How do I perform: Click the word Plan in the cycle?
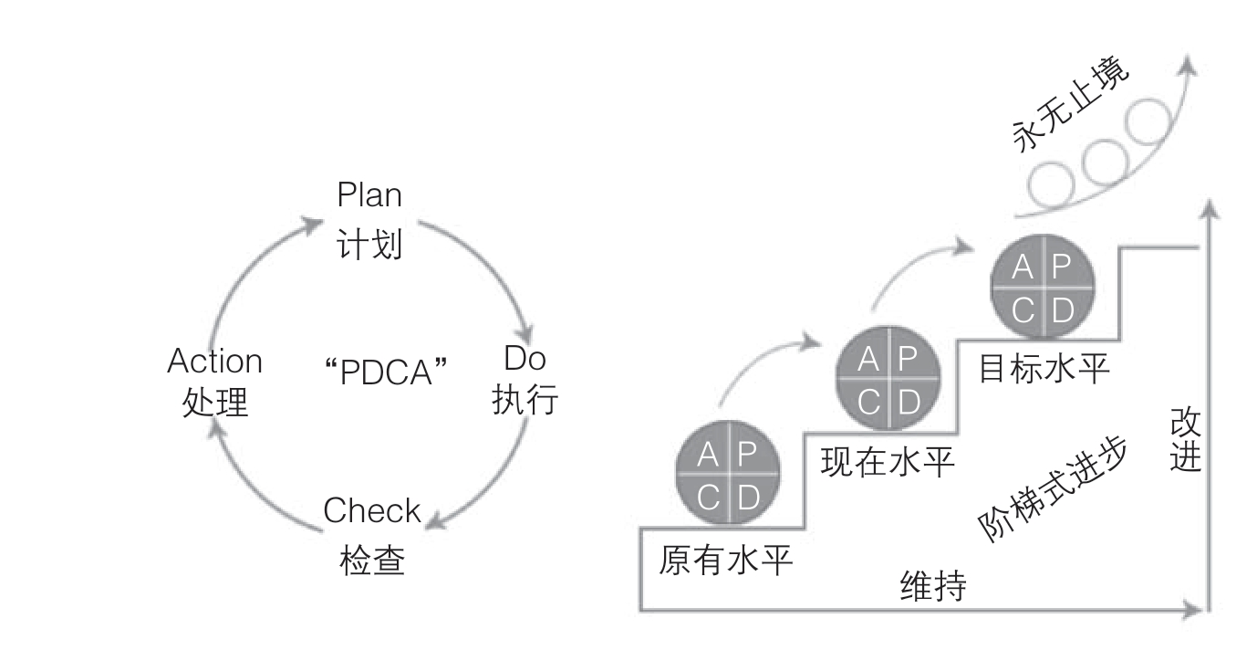click(369, 195)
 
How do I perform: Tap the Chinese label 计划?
click(369, 244)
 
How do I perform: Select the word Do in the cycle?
click(525, 359)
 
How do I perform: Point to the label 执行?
click(525, 401)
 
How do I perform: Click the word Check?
click(372, 511)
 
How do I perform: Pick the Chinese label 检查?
click(372, 560)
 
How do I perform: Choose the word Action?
click(215, 362)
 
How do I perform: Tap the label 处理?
click(215, 402)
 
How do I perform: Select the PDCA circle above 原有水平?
click(728, 475)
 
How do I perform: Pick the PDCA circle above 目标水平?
click(1042, 288)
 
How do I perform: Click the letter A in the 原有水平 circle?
click(707, 454)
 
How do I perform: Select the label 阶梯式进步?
click(1053, 488)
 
